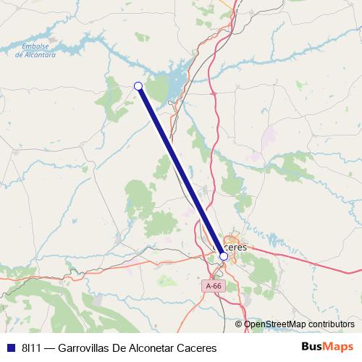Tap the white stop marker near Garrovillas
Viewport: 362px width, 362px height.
[x=138, y=86]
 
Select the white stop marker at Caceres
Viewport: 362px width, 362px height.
[x=224, y=256]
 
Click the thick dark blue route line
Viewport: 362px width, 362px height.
[x=181, y=172]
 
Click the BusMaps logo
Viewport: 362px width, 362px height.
[x=327, y=346]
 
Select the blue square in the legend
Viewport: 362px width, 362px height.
[x=10, y=347]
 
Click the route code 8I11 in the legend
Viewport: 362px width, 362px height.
[x=32, y=347]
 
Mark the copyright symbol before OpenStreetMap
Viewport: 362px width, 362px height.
[x=239, y=324]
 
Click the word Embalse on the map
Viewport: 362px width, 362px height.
[x=34, y=47]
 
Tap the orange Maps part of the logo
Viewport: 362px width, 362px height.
[x=339, y=346]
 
